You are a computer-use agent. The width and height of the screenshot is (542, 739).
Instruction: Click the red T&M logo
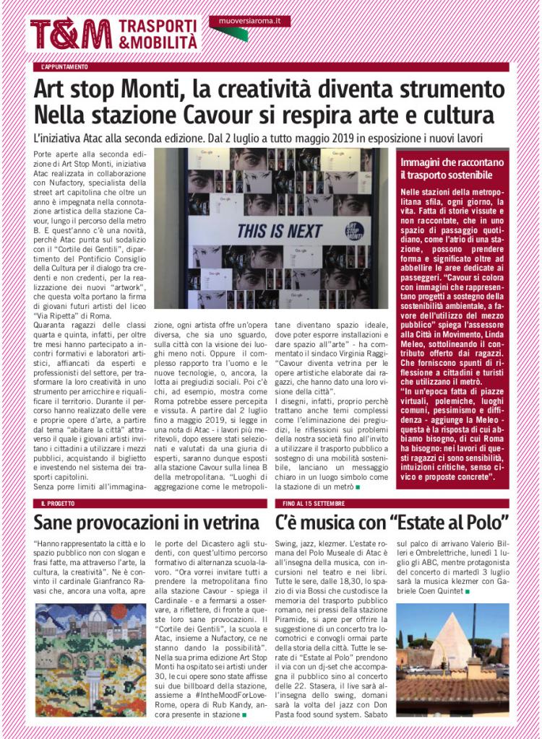click(70, 33)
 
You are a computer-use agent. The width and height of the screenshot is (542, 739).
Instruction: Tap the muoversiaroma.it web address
click(249, 21)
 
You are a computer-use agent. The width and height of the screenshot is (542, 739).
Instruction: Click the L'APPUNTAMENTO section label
click(65, 67)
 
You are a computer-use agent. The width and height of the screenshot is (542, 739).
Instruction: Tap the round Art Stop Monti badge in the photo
click(354, 231)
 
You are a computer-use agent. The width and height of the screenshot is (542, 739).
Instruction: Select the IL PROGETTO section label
click(57, 502)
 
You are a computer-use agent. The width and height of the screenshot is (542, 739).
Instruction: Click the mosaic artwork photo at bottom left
click(90, 660)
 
